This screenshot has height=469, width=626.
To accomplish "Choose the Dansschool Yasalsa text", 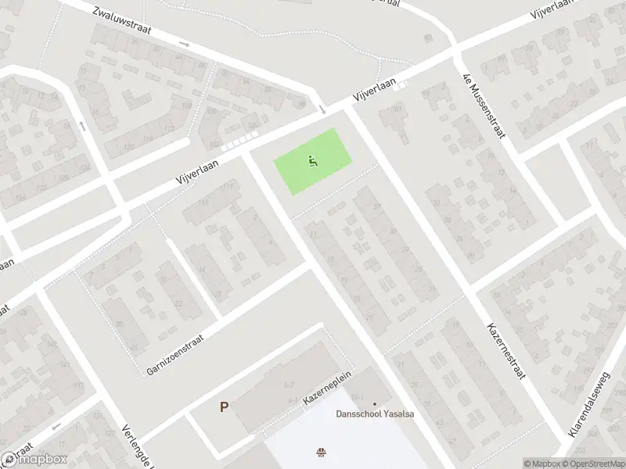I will [x=375, y=414].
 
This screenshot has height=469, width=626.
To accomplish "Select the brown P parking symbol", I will [x=224, y=407].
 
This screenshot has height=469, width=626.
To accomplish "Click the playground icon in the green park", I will [x=311, y=162].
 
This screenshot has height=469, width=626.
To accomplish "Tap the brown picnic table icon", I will [x=320, y=451].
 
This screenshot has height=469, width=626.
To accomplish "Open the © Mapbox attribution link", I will [x=541, y=464].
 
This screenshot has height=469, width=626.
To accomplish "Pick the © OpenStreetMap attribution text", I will [x=592, y=464].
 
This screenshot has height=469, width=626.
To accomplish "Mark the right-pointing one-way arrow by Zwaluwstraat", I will [x=184, y=44].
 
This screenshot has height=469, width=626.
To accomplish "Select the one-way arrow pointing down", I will [x=322, y=109].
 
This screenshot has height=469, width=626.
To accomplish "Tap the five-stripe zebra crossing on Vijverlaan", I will [x=239, y=139].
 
